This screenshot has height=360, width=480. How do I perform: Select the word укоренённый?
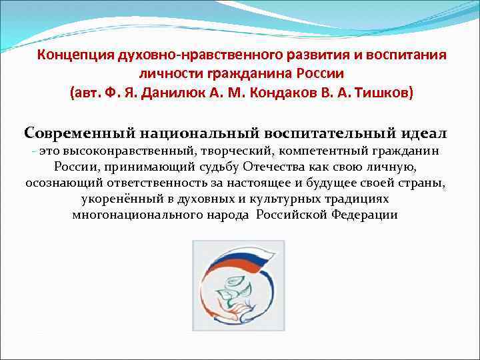tap(118, 199)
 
